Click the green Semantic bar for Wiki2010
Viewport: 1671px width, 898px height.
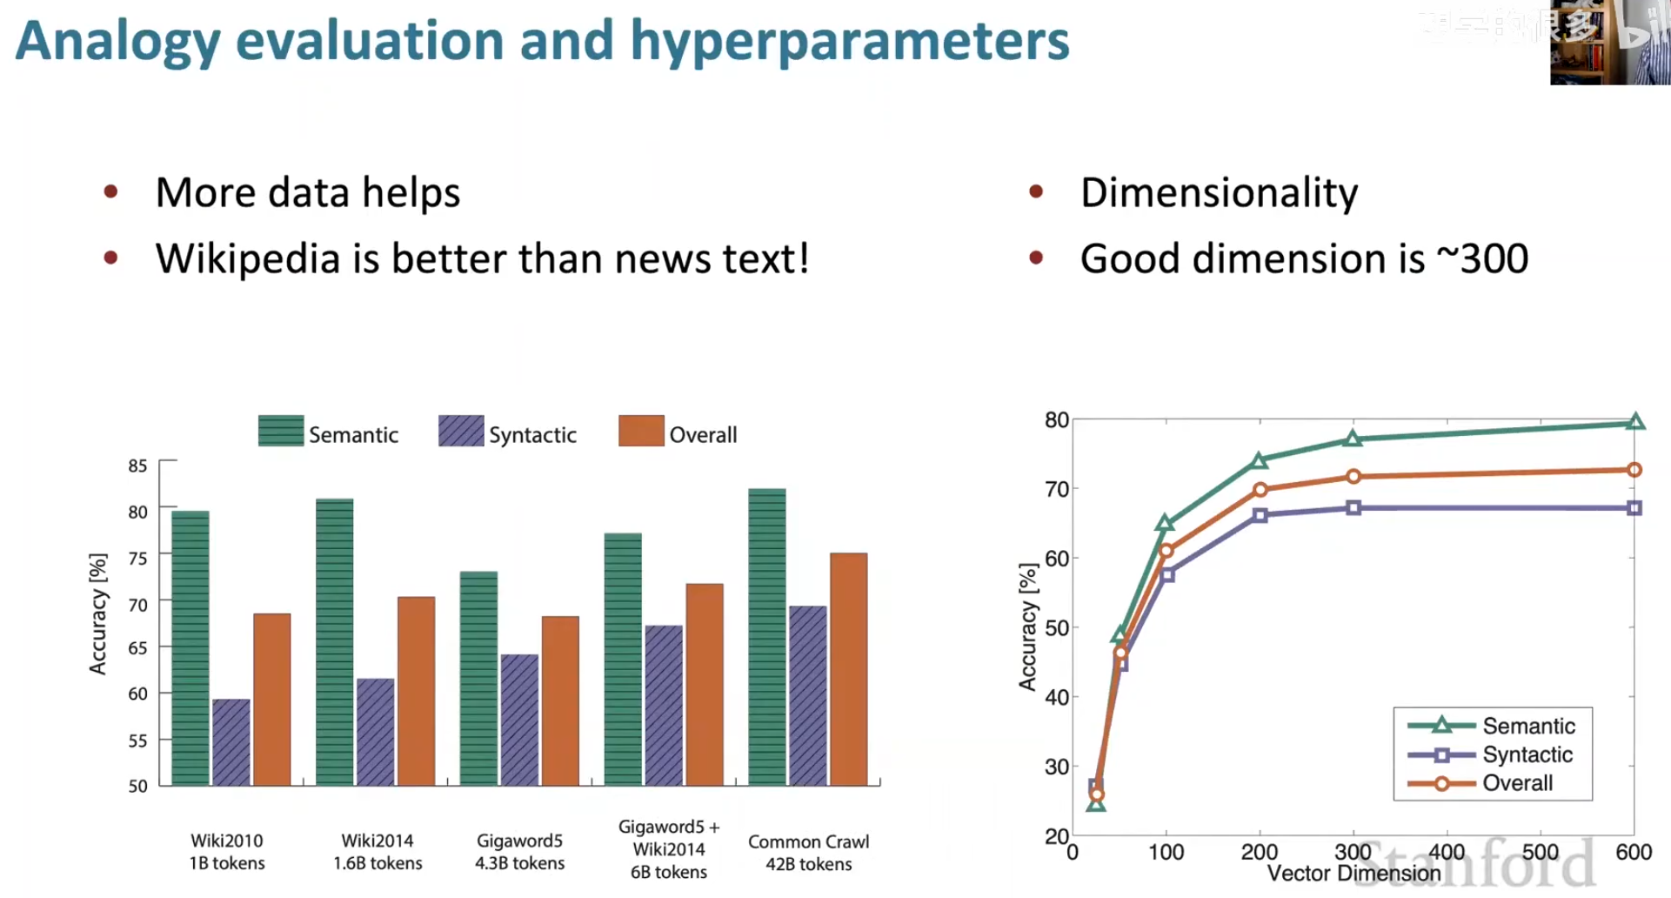[190, 648]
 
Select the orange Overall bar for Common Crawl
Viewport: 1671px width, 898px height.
[848, 669]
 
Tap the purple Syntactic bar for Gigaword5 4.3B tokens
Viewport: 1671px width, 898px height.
[519, 720]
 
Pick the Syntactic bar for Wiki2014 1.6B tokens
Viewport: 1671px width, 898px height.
[375, 732]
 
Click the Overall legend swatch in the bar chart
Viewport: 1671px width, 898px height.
[641, 431]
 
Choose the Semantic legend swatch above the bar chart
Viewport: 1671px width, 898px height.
[281, 431]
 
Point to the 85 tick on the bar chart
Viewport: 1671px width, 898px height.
[137, 466]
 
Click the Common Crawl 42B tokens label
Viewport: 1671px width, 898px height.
[808, 853]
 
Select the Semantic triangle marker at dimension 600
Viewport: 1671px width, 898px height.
[1635, 423]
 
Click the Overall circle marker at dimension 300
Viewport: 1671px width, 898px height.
[1354, 477]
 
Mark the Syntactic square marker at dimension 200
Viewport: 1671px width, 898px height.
[1260, 515]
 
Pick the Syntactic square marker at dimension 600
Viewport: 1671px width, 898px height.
[1634, 508]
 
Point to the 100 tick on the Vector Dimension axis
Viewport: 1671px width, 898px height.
[1166, 852]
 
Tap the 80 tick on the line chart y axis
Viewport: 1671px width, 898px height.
[1056, 420]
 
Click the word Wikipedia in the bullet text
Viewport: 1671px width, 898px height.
[247, 258]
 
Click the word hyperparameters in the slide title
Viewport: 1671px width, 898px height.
[849, 41]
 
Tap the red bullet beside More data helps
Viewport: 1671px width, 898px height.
[110, 191]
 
